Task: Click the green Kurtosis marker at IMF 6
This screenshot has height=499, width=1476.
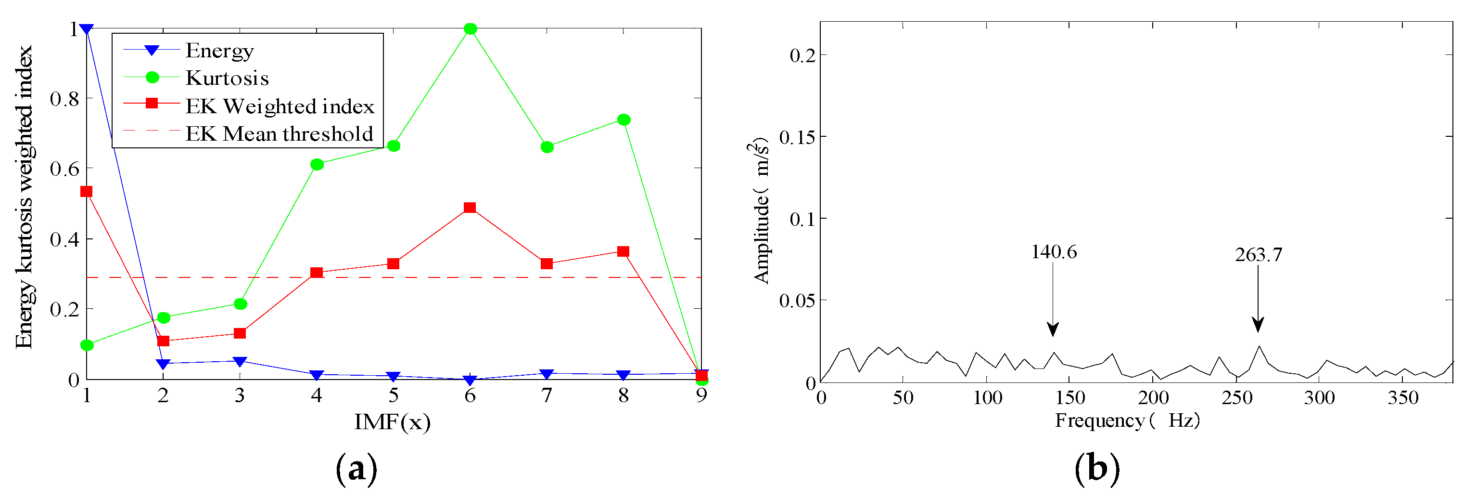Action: [470, 29]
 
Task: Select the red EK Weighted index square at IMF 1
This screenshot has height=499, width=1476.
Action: [87, 191]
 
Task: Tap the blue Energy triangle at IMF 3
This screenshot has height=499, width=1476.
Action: [240, 361]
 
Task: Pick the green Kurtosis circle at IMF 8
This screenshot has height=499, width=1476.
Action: [623, 119]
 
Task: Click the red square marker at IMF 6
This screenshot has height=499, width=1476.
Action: [470, 207]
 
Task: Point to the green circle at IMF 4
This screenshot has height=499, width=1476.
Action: [317, 165]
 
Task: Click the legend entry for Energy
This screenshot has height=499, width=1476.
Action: [219, 51]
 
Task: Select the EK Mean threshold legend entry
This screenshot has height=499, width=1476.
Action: [279, 133]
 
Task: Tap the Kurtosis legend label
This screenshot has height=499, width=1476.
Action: [227, 78]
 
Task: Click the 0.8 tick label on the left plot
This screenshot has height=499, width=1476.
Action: [64, 99]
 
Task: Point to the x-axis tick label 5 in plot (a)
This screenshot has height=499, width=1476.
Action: [393, 395]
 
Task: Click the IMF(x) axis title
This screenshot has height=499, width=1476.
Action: [393, 421]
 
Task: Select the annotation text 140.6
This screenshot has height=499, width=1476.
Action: [1054, 251]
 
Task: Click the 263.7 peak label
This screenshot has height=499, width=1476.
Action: [1258, 254]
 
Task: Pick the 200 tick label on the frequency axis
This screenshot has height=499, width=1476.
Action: [1153, 397]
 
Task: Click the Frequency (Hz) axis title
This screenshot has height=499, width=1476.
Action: [1127, 420]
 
